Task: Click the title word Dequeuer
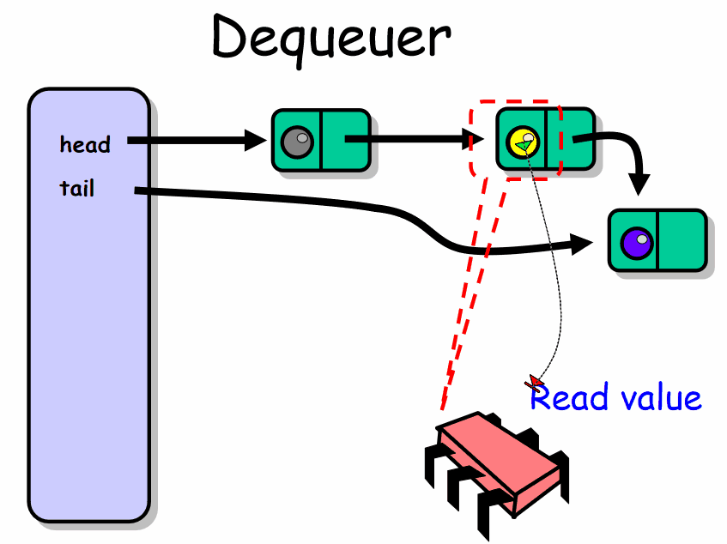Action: pos(330,39)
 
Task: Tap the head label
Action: pos(85,145)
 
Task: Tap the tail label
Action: pos(77,188)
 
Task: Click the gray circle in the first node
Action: pos(297,140)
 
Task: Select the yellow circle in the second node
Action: pos(521,140)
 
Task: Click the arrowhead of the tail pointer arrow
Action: pos(584,245)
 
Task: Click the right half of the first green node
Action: pos(344,140)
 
